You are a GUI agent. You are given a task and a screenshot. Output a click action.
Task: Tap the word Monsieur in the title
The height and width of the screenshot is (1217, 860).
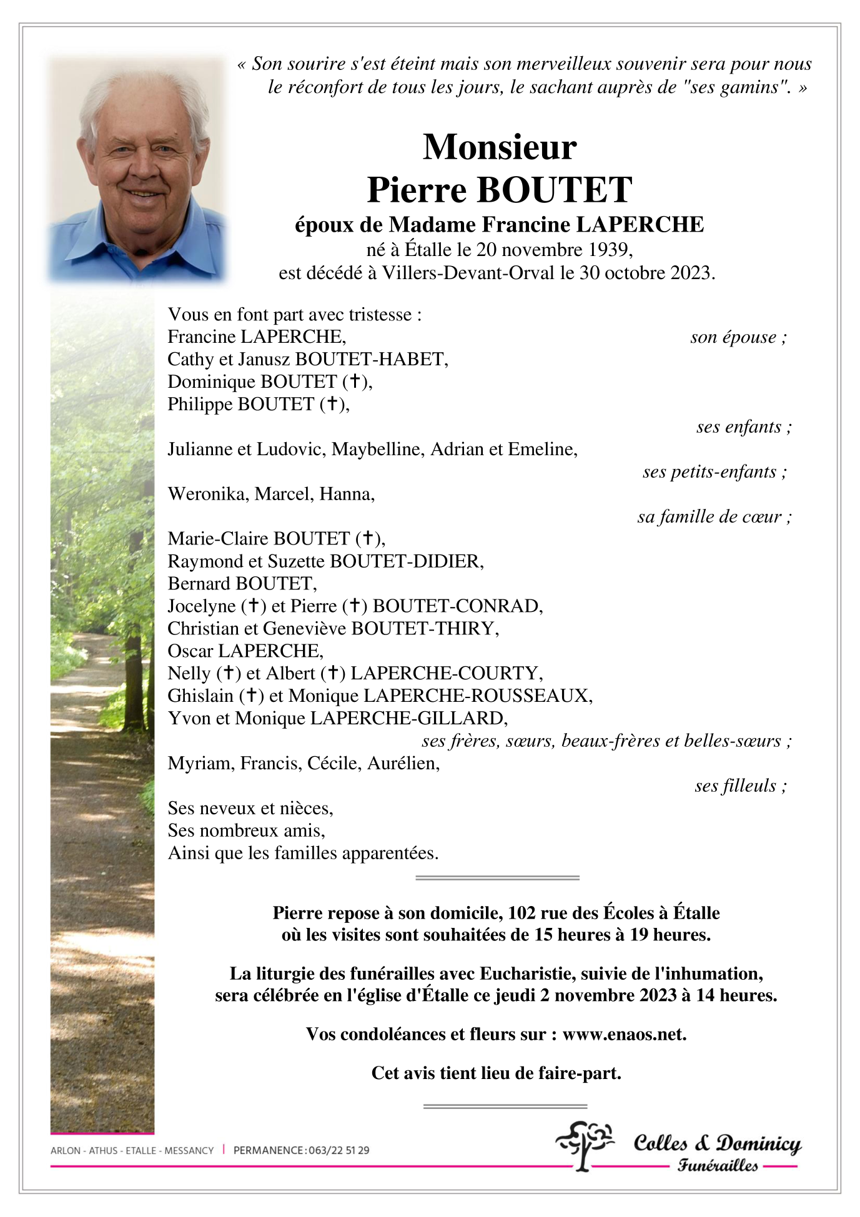pyautogui.click(x=500, y=147)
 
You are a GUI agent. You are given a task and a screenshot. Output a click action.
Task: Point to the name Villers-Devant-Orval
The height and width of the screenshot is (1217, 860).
pyautogui.click(x=468, y=273)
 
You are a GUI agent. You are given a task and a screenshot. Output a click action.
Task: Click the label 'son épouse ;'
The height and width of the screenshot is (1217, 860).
pyautogui.click(x=738, y=337)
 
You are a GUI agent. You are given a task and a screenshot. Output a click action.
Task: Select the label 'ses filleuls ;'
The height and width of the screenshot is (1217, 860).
pyautogui.click(x=741, y=786)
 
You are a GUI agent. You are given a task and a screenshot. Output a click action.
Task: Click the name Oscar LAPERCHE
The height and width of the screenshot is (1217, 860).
pyautogui.click(x=245, y=651)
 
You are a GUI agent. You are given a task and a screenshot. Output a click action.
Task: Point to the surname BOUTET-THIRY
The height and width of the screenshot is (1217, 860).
pyautogui.click(x=425, y=628)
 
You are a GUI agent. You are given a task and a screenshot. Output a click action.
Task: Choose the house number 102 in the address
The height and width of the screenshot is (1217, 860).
pyautogui.click(x=521, y=913)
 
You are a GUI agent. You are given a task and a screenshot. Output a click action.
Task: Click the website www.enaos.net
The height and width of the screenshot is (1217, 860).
pyautogui.click(x=624, y=1034)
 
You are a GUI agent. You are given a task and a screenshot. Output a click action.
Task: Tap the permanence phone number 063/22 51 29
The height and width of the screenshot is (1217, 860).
pyautogui.click(x=339, y=1150)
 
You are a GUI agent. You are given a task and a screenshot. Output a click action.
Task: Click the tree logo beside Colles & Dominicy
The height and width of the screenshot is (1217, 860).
pyautogui.click(x=583, y=1145)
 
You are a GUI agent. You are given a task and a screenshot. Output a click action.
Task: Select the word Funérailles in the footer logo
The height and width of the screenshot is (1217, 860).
pyautogui.click(x=718, y=1165)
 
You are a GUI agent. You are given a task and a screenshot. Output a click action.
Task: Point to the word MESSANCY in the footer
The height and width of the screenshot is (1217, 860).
pyautogui.click(x=189, y=1150)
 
